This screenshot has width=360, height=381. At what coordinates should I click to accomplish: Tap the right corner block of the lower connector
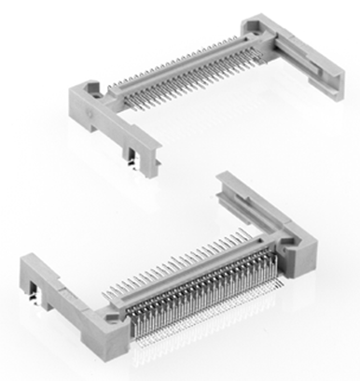tap(297, 248)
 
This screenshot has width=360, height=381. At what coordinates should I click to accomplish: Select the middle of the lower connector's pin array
tap(201, 289)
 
